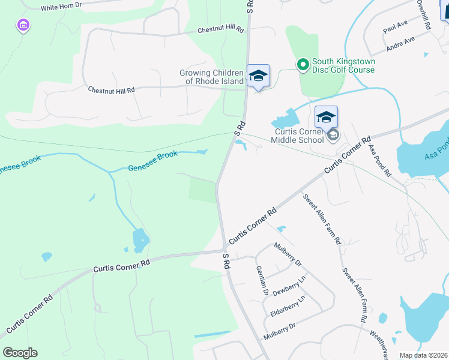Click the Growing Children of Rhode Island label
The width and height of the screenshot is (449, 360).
(212, 77)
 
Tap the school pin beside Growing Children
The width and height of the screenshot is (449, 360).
(258, 76)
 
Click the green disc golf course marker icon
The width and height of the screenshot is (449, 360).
(303, 63)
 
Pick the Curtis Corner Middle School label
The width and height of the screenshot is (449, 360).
(297, 136)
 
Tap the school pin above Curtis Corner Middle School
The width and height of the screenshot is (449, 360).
(326, 117)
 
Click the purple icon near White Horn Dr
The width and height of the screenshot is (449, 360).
(23, 25)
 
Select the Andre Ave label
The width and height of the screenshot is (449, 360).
(400, 44)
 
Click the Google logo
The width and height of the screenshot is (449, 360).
(20, 353)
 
